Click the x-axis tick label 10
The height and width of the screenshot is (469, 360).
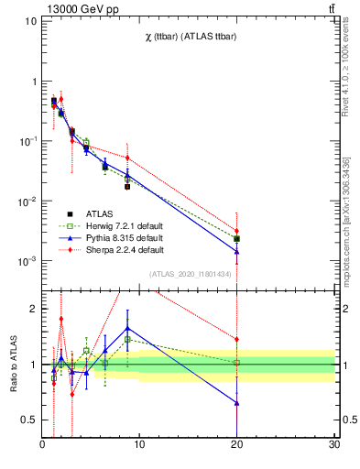pos(139,446)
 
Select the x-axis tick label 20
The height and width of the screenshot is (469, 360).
pos(237,446)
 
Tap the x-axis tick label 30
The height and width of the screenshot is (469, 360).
pos(334,446)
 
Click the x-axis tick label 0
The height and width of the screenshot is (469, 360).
pos(42,446)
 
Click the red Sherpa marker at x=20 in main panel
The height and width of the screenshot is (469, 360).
pos(237,232)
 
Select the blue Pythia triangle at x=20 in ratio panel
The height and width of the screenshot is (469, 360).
pos(237,402)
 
